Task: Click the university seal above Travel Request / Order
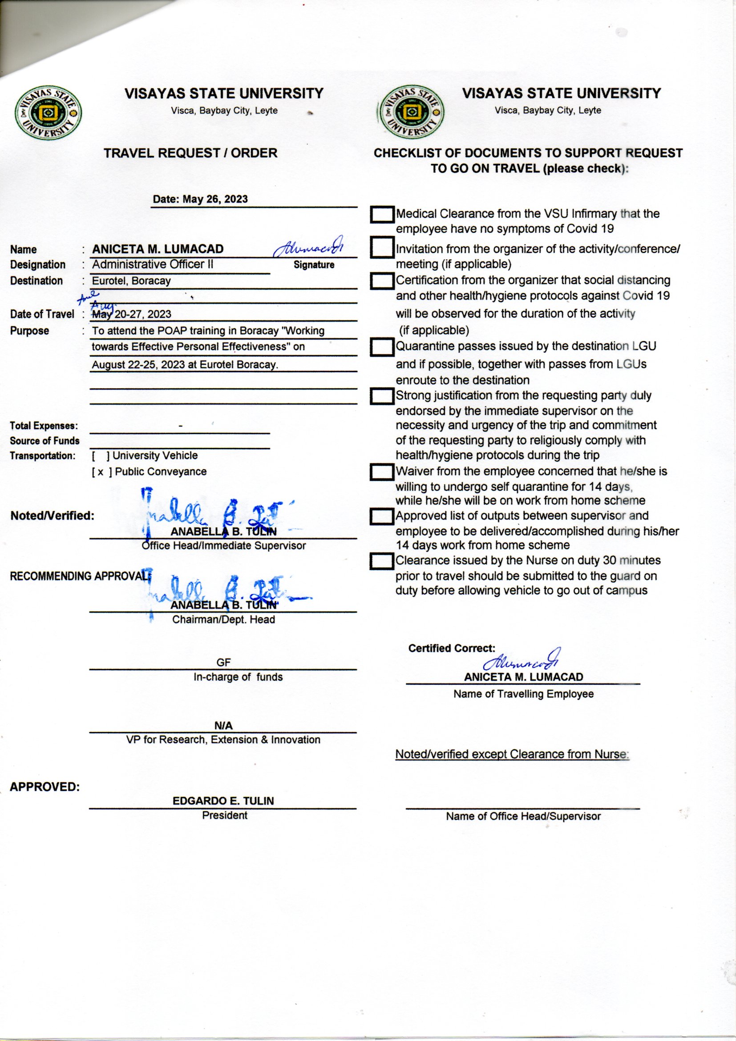49,113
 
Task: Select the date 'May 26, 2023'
215,199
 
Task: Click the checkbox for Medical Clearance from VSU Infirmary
382,215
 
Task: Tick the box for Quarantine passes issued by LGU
382,347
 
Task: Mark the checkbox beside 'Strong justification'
382,396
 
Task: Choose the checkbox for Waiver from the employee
382,472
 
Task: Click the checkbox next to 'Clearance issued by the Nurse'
382,561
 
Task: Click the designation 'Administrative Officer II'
152,264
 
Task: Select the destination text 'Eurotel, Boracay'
131,281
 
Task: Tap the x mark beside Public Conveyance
101,472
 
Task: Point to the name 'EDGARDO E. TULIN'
223,801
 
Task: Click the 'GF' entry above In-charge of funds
223,663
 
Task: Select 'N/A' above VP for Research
223,725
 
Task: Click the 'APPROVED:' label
44,787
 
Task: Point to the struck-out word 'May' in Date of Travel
102,314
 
